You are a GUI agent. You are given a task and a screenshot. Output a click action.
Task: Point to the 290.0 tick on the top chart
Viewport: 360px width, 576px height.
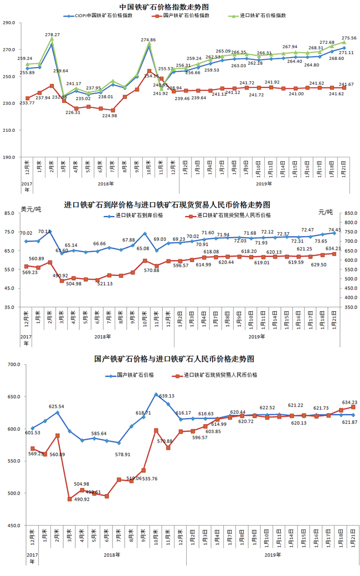point(9,23)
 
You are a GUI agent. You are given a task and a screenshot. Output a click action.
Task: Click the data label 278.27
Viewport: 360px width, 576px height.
point(53,35)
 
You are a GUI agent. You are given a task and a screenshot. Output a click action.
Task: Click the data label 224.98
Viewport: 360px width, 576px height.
point(110,116)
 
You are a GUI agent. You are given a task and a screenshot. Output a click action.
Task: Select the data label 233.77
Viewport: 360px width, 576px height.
point(27,102)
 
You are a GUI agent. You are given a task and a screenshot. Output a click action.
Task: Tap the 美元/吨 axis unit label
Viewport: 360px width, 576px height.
point(31,209)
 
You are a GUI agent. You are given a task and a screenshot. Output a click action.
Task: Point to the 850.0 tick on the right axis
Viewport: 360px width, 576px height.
point(351,213)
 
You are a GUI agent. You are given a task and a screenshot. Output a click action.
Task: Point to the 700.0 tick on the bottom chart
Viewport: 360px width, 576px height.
point(11,365)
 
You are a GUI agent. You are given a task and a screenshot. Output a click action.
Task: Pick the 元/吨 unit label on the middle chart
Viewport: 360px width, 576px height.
point(327,212)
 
